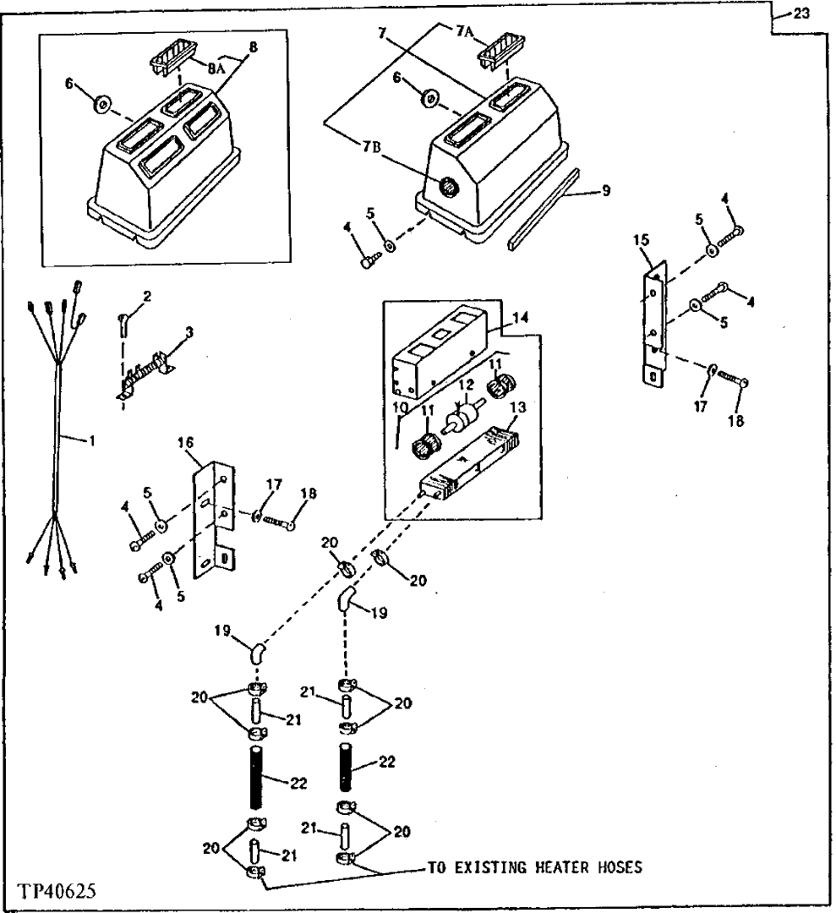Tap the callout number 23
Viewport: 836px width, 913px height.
click(803, 13)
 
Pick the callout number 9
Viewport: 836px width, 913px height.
click(605, 192)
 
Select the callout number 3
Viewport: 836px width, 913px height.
click(189, 333)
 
